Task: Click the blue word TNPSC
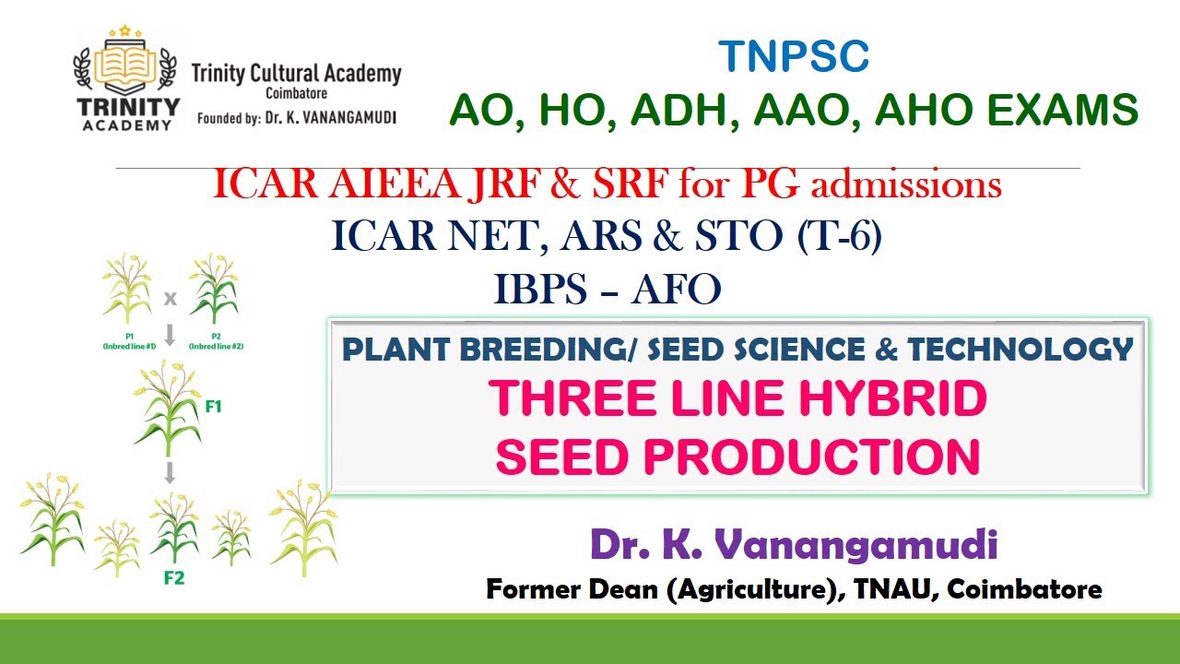point(794,57)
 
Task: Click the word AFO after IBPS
point(676,290)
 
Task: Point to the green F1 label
point(213,405)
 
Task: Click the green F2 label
point(174,578)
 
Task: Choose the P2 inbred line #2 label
point(215,342)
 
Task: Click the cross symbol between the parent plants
point(170,298)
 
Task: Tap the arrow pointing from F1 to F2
point(170,473)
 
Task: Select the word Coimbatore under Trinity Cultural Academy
point(295,94)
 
